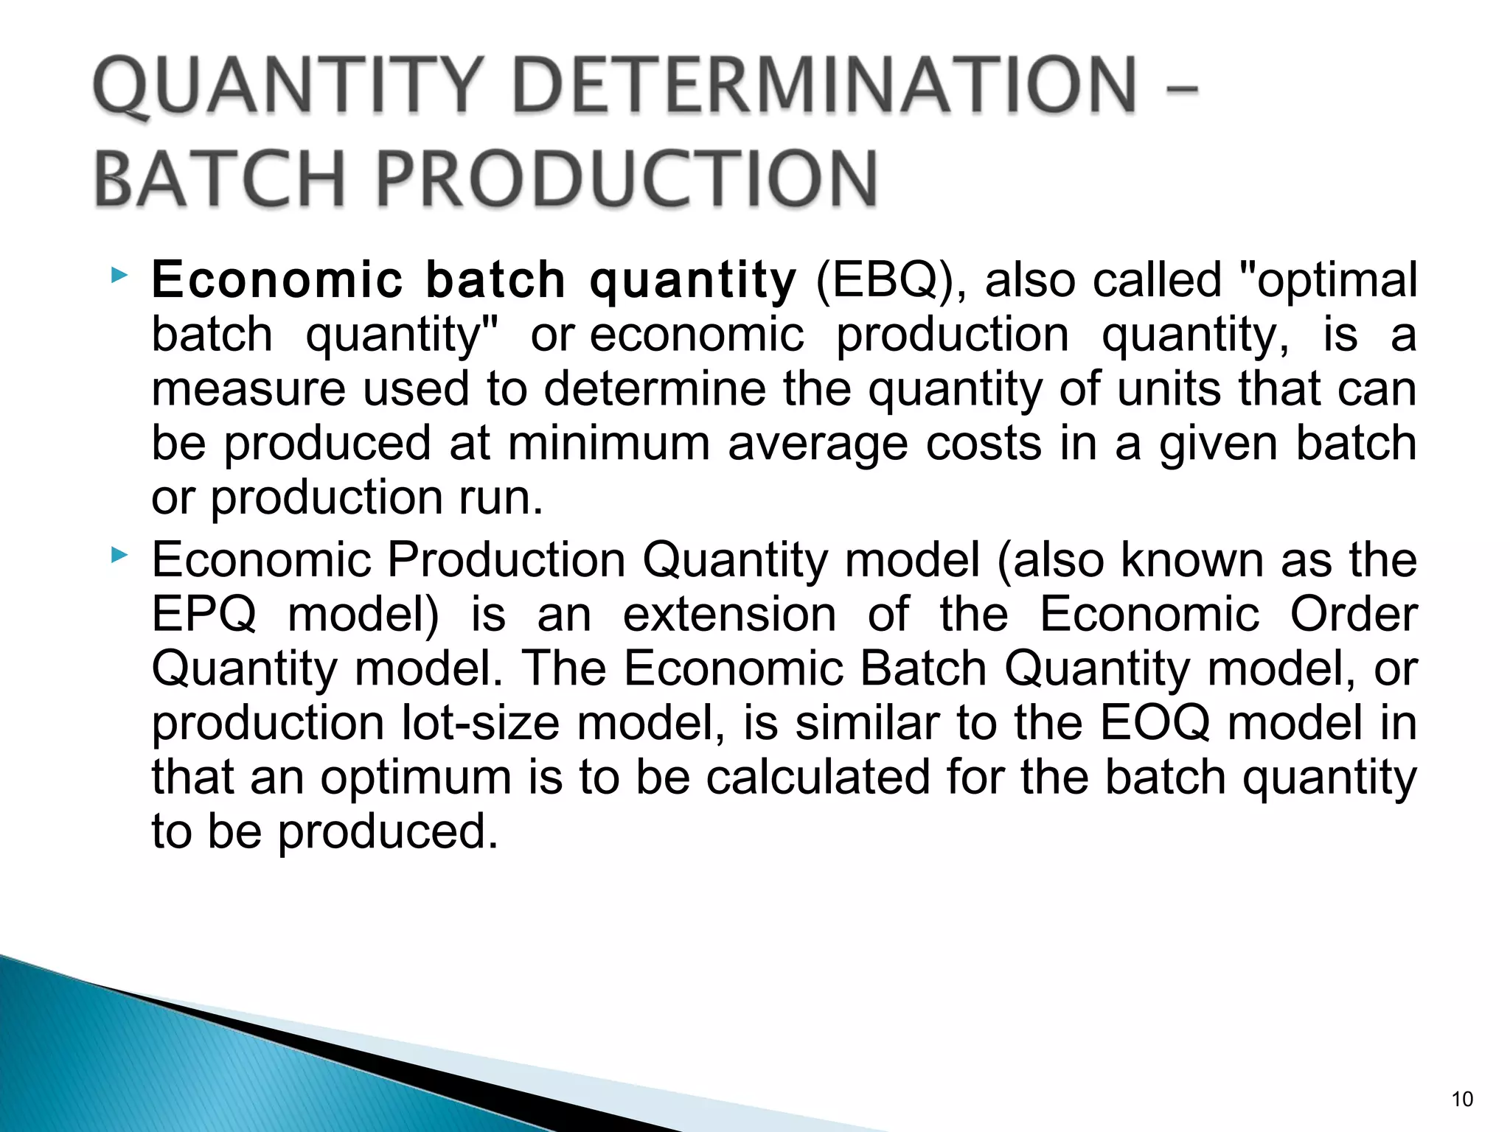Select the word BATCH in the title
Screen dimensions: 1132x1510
(x=220, y=179)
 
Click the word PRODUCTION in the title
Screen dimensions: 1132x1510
(x=627, y=179)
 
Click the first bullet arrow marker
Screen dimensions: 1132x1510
(x=119, y=277)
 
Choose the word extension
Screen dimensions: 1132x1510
(x=729, y=615)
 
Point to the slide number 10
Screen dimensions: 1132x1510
(x=1462, y=1099)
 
